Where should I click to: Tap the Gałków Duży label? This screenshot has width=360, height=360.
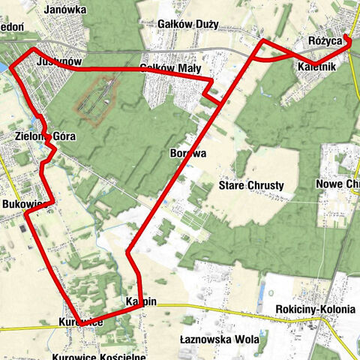[188, 24]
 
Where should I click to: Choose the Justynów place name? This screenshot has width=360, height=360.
[58, 62]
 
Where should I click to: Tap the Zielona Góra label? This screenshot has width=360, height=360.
[45, 136]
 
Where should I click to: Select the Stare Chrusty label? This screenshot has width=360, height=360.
[250, 184]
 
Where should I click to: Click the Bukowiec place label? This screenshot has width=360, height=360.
[25, 204]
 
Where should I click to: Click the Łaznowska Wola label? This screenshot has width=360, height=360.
[220, 339]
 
